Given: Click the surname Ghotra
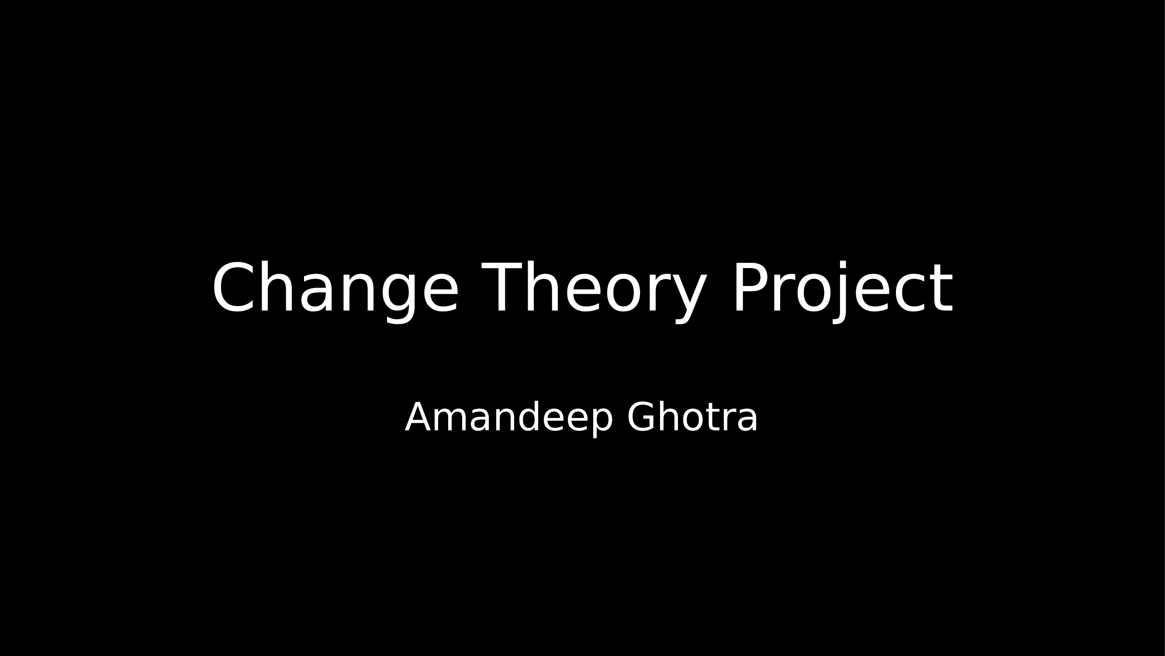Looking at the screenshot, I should [692, 417].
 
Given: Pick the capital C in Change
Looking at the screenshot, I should [233, 287].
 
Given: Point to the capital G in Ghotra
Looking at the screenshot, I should [642, 417].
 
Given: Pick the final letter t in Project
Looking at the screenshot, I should [943, 290].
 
